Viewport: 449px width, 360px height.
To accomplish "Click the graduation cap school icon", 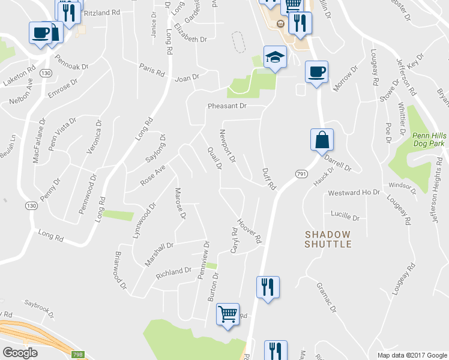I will (275, 57).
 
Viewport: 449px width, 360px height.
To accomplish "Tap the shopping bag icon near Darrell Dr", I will (322, 140).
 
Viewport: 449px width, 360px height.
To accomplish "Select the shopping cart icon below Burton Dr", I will (228, 313).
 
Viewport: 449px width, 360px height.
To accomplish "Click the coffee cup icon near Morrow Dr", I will (316, 71).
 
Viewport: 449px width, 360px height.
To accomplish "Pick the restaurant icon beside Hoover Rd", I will (267, 287).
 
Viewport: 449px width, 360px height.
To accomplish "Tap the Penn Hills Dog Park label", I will (429, 140).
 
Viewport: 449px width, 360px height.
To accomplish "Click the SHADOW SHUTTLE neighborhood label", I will (327, 239).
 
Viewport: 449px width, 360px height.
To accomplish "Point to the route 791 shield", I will (301, 173).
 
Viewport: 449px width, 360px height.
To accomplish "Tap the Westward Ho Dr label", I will (354, 193).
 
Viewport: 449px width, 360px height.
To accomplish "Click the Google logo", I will (20, 352).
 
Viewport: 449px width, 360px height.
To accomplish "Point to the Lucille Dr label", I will (345, 214).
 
